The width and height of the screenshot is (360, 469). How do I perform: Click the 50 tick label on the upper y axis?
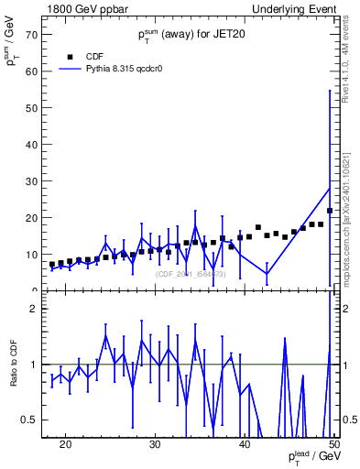click(x=32, y=108)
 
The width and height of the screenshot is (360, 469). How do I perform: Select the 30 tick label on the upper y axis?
click(x=32, y=181)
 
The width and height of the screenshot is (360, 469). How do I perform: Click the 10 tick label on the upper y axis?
click(x=32, y=255)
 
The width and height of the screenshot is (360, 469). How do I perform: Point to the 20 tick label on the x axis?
click(x=65, y=444)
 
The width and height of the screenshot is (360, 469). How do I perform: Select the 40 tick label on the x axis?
click(x=245, y=444)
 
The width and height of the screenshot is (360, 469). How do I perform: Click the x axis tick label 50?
click(x=333, y=444)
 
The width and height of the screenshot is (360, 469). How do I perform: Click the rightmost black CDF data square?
click(x=329, y=211)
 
